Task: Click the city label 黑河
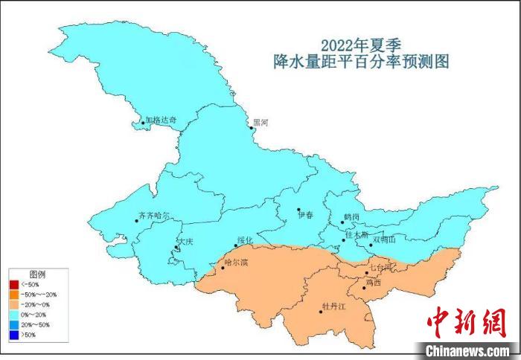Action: pyautogui.click(x=260, y=122)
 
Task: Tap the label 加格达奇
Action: pyautogui.click(x=161, y=120)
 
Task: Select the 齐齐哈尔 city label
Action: pyautogui.click(x=154, y=216)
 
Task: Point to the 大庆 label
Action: pyautogui.click(x=185, y=242)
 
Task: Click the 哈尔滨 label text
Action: pyautogui.click(x=236, y=263)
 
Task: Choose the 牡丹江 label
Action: pyautogui.click(x=333, y=306)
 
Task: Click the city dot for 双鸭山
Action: pyautogui.click(x=371, y=243)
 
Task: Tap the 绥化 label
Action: pyautogui.click(x=246, y=240)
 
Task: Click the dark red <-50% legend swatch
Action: pyautogui.click(x=14, y=285)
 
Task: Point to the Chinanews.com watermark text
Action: pyautogui.click(x=467, y=350)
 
